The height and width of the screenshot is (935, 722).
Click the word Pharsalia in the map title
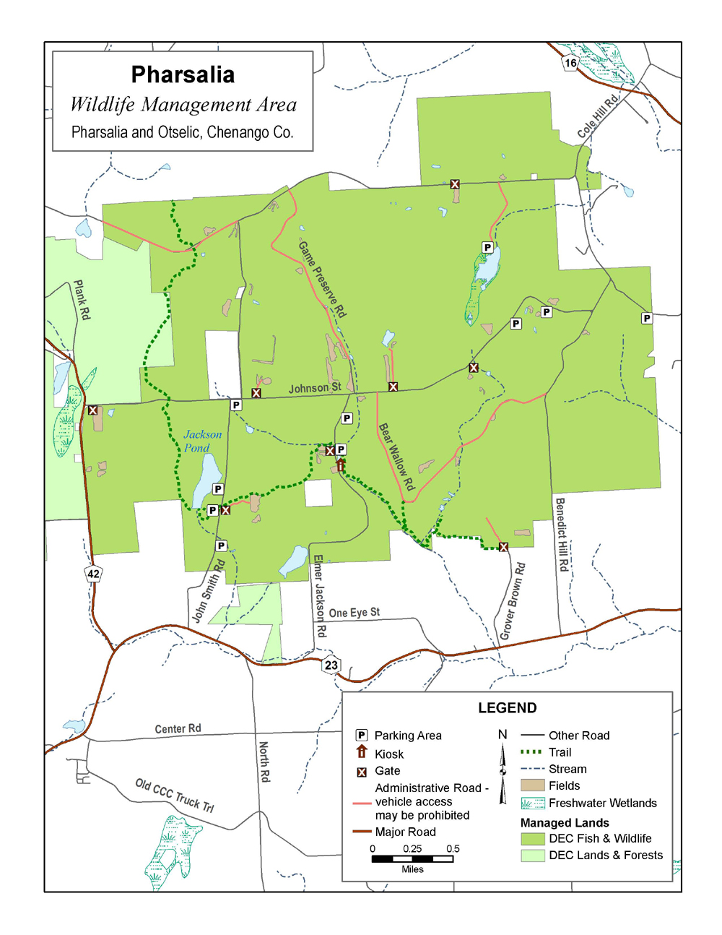coord(183,74)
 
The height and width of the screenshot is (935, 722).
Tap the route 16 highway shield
coord(570,63)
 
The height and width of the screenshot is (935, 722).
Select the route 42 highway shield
coord(93,574)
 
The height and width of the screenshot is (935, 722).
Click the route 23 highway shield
coord(331,665)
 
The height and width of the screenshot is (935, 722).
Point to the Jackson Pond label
coord(201,441)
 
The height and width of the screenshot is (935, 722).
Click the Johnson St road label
coord(315,388)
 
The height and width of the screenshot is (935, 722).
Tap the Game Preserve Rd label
coord(322,280)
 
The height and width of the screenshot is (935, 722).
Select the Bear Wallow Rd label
coord(396,457)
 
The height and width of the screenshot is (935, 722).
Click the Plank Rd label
coord(82,300)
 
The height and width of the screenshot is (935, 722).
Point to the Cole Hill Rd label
coord(599,116)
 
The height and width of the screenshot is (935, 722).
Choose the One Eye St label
coord(354,613)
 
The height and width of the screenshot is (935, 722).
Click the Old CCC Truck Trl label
coord(175,796)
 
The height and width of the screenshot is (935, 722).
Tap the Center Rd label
coord(178,728)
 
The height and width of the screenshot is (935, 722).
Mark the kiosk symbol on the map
coord(341,465)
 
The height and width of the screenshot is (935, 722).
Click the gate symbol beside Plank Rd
coord(92,410)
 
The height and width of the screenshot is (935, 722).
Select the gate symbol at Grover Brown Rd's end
coord(503,547)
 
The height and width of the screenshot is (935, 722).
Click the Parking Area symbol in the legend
coord(362,735)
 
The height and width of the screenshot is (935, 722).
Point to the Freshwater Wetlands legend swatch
coord(532,803)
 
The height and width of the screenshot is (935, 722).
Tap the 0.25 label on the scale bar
coord(412,849)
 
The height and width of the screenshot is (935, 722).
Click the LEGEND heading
coord(507,708)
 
